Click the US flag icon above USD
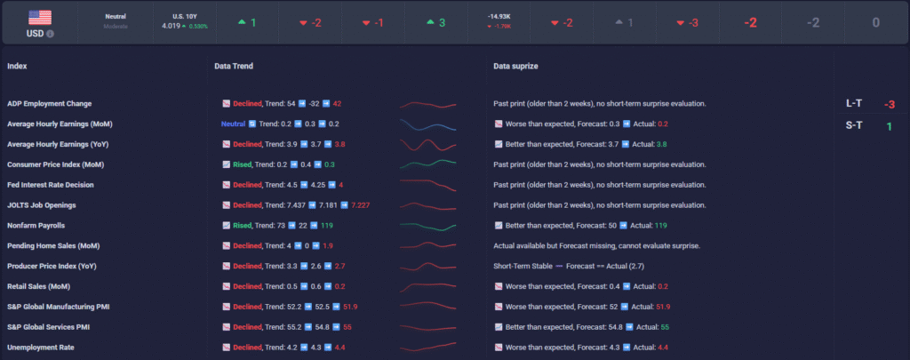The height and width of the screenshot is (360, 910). coord(40,17)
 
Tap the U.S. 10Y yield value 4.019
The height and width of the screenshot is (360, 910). coord(171,26)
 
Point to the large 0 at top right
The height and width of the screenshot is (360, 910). coord(875,22)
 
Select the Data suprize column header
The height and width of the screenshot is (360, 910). coord(515,66)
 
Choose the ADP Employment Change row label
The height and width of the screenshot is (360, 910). coord(49,104)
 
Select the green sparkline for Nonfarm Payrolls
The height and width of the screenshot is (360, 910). coord(430,226)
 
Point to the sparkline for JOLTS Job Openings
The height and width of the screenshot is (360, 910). coord(430,205)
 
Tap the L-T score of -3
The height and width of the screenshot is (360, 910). coord(889,104)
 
